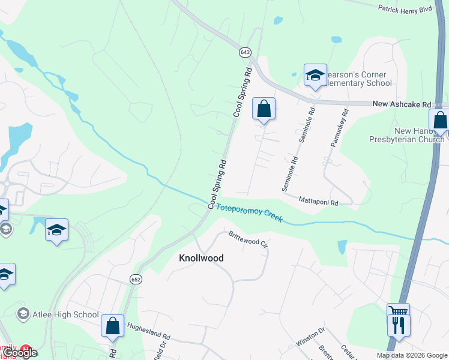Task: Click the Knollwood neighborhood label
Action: [x=202, y=258]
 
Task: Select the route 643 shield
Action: [x=244, y=52]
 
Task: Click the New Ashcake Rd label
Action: [x=398, y=104]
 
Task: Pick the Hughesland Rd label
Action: [x=149, y=331]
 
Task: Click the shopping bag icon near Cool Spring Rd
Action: [x=263, y=109]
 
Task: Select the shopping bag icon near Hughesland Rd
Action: [x=112, y=326]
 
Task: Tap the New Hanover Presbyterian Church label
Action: [x=406, y=135]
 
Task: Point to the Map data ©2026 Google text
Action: [x=411, y=355]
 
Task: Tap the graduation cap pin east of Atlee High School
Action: [x=57, y=230]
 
